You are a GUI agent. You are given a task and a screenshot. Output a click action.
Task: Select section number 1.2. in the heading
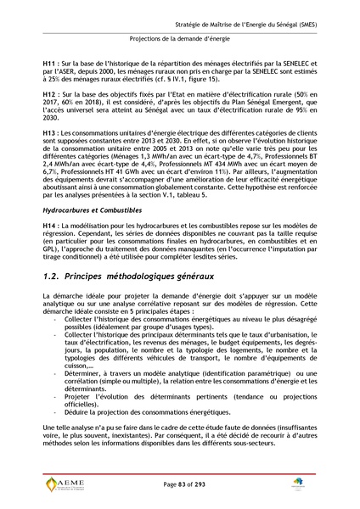pyautogui.click(x=56, y=277)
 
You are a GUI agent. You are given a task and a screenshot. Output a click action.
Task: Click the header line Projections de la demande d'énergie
pyautogui.click(x=179, y=38)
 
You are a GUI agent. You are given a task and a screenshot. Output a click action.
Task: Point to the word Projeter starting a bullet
pyautogui.click(x=77, y=395)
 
